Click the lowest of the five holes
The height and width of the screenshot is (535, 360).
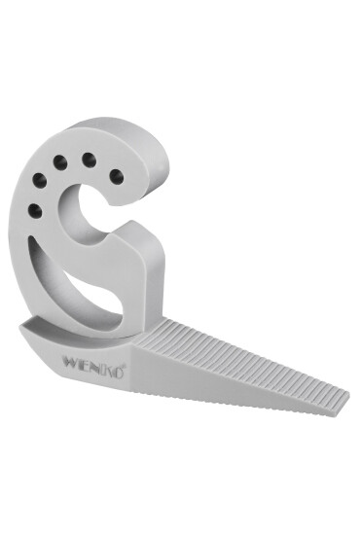click(36, 209)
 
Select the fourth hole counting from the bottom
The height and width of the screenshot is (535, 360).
click(88, 159)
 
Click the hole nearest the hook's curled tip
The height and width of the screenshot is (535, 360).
click(116, 176)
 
